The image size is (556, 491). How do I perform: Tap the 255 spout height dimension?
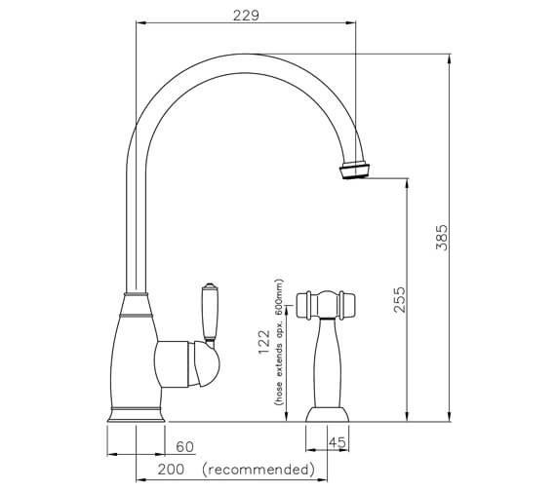[x=397, y=300]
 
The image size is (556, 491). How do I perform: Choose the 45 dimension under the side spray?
[x=338, y=443]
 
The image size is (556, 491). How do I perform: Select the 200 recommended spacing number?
[x=173, y=471]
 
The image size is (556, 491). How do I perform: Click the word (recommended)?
[x=259, y=471]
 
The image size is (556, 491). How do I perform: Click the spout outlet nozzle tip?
[x=356, y=171]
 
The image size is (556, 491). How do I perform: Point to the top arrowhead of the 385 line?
[x=449, y=59]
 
